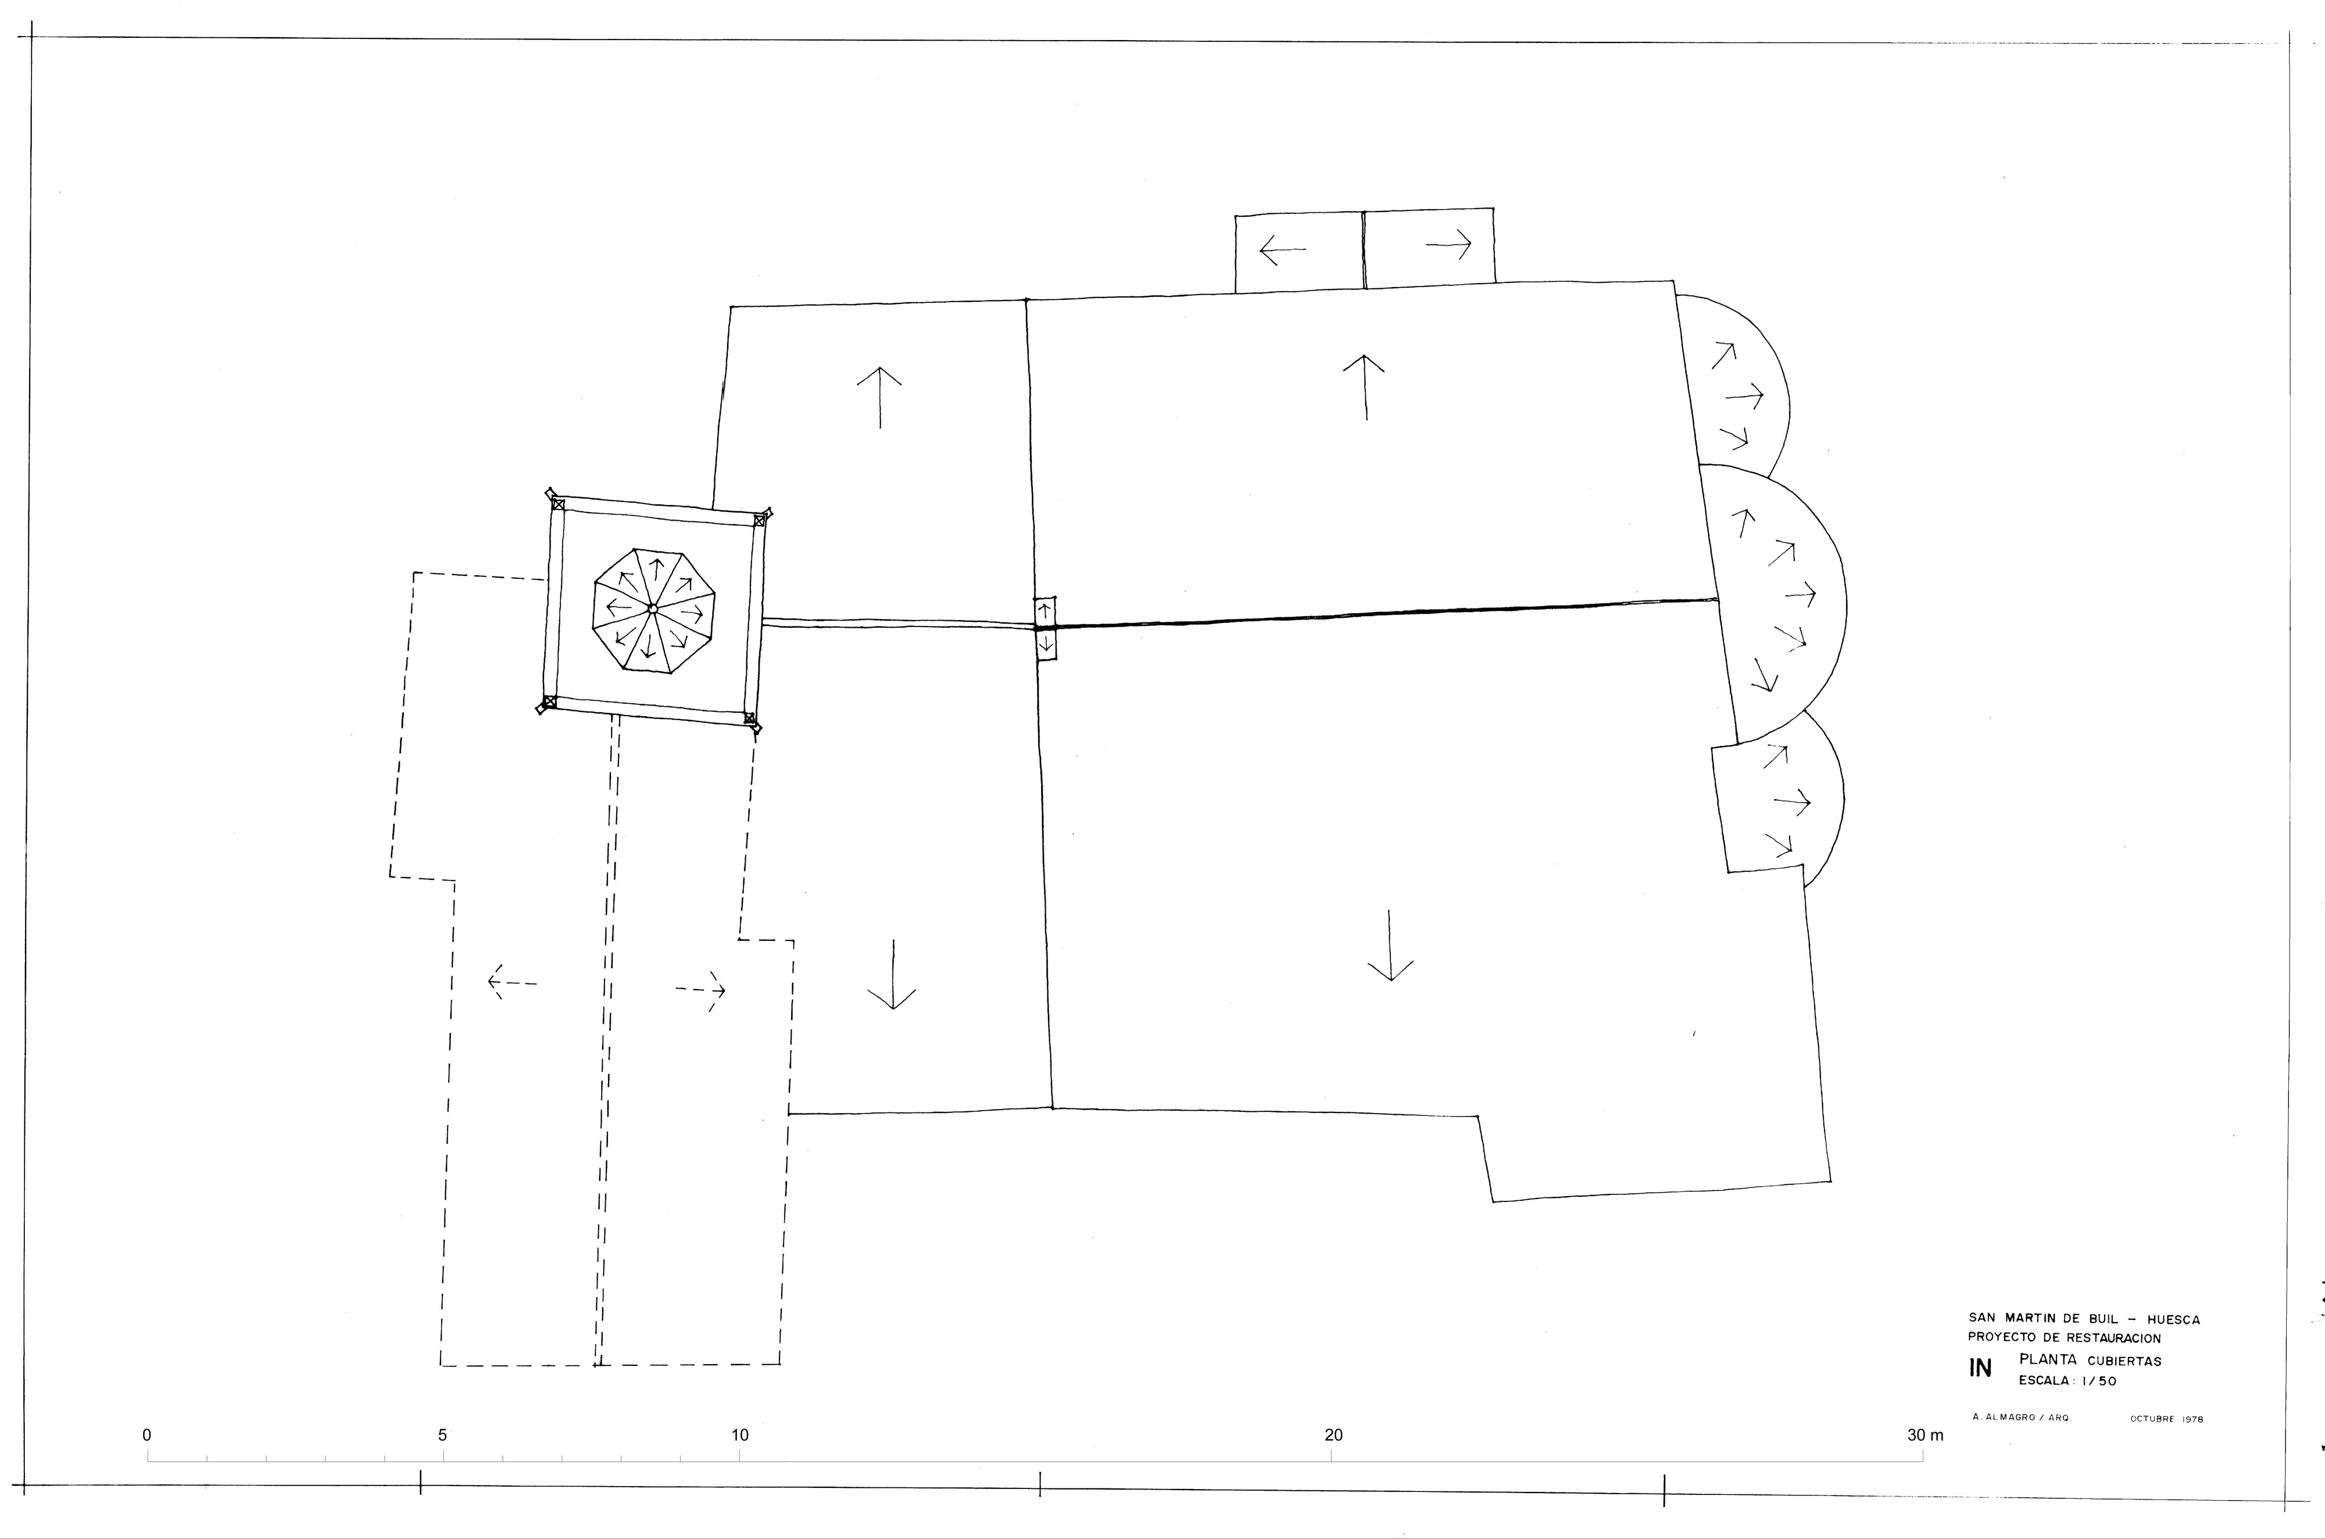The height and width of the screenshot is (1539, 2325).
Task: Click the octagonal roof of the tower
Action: point(654,610)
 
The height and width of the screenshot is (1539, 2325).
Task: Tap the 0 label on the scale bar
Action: point(147,1435)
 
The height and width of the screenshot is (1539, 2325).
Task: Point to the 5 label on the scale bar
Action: point(443,1435)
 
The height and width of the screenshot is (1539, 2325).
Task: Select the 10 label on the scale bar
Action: point(740,1435)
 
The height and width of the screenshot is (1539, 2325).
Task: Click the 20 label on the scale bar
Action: point(1334,1435)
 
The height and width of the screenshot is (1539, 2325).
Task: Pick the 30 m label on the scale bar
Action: point(1925,1435)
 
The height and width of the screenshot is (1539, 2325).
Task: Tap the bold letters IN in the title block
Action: point(1980,1368)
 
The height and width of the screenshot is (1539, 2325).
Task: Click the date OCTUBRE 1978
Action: point(2167,1419)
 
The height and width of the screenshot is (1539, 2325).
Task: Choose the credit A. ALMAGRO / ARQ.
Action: point(2019,1418)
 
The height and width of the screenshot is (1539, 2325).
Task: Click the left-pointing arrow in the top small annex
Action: point(1282,251)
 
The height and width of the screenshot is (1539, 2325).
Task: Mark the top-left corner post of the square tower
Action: point(557,503)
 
